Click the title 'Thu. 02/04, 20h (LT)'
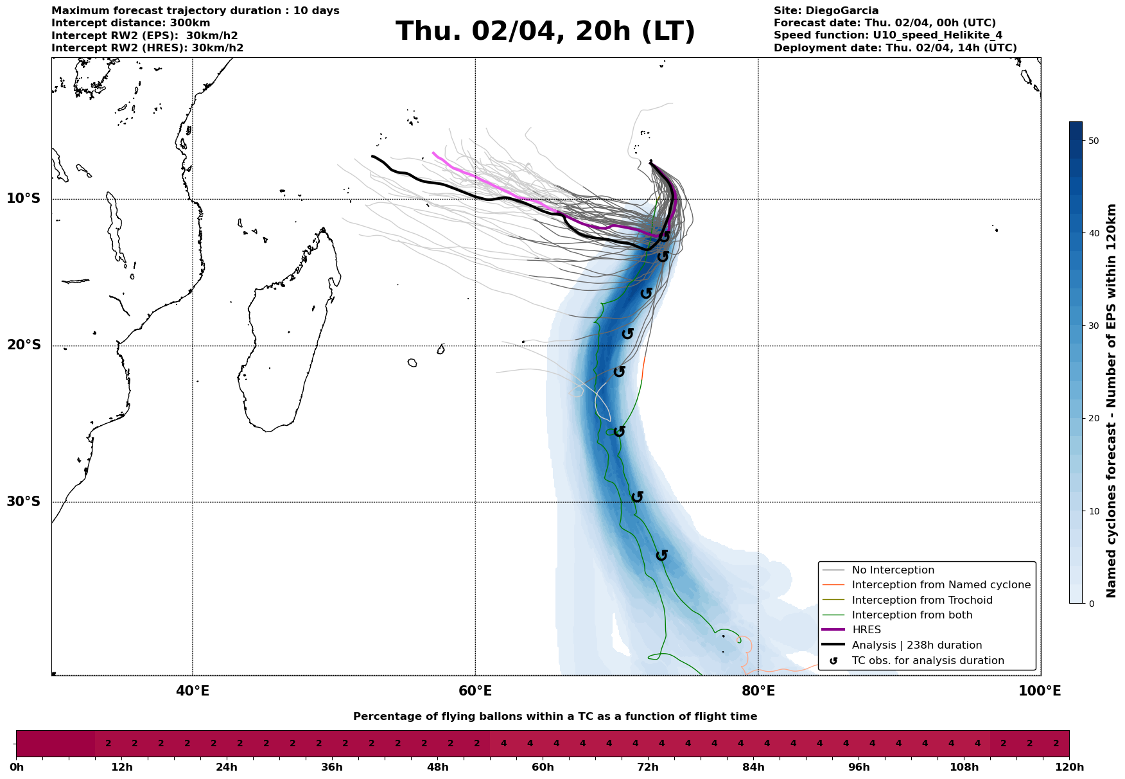(545, 31)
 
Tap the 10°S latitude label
(24, 198)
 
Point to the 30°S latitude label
(24, 502)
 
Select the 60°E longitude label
(475, 691)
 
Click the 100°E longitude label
(1040, 691)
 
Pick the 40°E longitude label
(193, 691)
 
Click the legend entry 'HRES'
(866, 630)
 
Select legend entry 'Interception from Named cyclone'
(941, 585)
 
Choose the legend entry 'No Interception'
(893, 570)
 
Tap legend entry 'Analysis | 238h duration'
(916, 645)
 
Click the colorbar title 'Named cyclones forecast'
(1112, 401)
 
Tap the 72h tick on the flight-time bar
(647, 767)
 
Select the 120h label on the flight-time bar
(1069, 767)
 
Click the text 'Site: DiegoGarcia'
(826, 11)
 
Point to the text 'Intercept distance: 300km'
(130, 23)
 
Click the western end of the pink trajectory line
(434, 153)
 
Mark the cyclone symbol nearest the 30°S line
(637, 497)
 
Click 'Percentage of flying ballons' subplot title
(555, 717)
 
